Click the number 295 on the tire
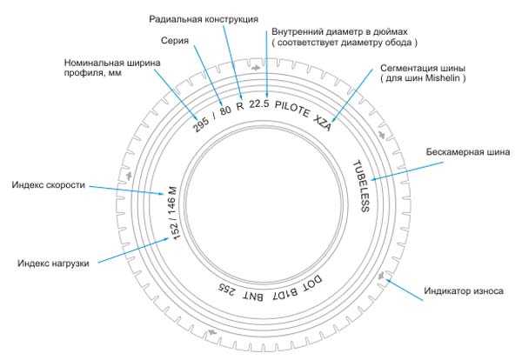201,124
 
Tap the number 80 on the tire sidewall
225,110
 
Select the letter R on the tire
240,106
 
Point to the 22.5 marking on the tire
259,103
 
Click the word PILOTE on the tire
292,109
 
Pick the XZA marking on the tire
323,123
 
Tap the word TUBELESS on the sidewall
361,186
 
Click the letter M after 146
173,190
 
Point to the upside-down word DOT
312,283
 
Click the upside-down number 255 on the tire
227,290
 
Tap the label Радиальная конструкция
204,19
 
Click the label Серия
175,41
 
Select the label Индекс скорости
49,185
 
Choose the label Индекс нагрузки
53,263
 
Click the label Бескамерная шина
468,152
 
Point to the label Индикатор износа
464,290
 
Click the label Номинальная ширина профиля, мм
112,68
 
